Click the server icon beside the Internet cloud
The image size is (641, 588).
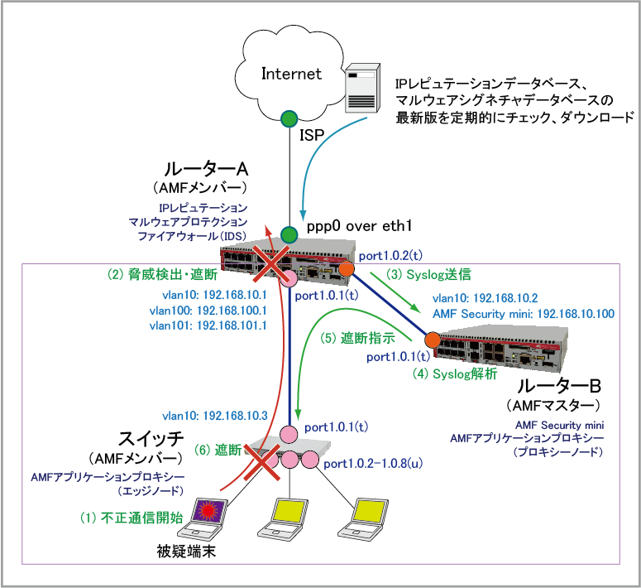coord(361,85)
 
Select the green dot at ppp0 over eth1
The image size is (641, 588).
coord(289,234)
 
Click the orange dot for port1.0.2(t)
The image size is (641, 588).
coord(346,268)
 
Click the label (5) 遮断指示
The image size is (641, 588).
coord(356,338)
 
